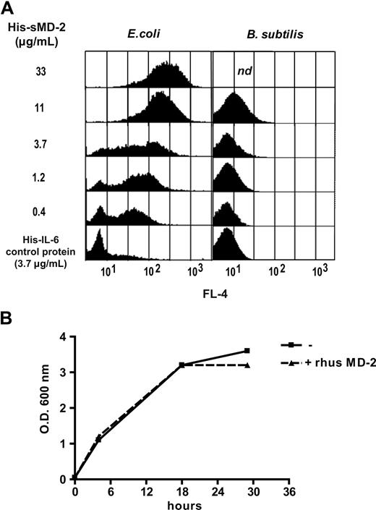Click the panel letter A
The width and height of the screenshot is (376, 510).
[9, 8]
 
